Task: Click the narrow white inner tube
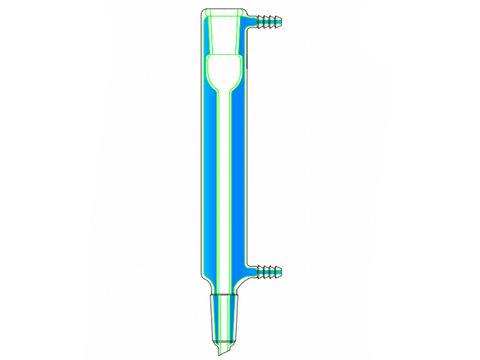(x=223, y=180)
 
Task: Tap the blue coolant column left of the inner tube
(x=210, y=180)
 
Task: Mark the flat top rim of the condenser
(x=223, y=11)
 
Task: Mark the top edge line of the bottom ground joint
(x=223, y=295)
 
